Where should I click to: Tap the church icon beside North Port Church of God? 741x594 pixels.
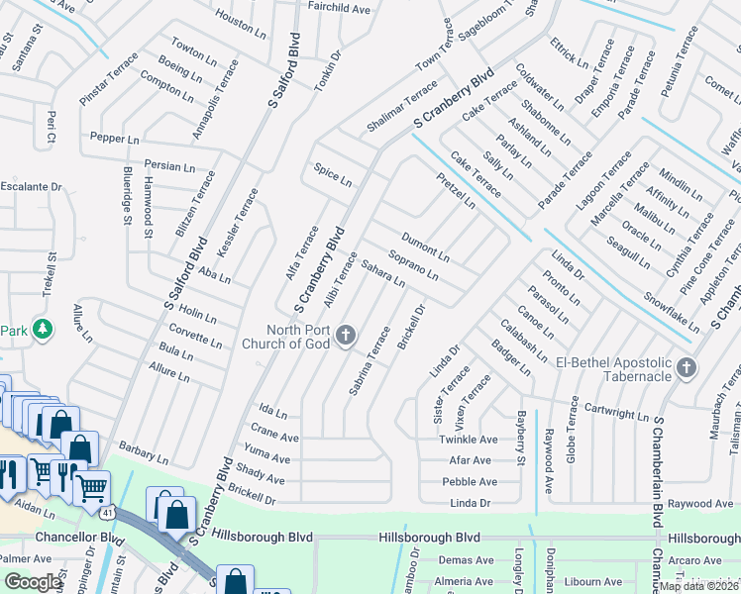click(346, 337)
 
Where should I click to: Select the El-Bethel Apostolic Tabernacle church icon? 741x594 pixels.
click(686, 369)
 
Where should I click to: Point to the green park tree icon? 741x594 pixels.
click(42, 328)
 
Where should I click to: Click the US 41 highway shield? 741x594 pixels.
click(107, 512)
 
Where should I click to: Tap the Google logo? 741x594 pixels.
click(33, 581)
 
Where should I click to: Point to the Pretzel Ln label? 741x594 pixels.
click(455, 189)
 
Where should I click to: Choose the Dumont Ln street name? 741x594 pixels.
click(425, 247)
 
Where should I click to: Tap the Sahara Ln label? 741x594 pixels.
click(382, 273)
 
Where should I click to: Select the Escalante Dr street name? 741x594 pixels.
click(31, 186)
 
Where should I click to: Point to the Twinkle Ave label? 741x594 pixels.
click(469, 439)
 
